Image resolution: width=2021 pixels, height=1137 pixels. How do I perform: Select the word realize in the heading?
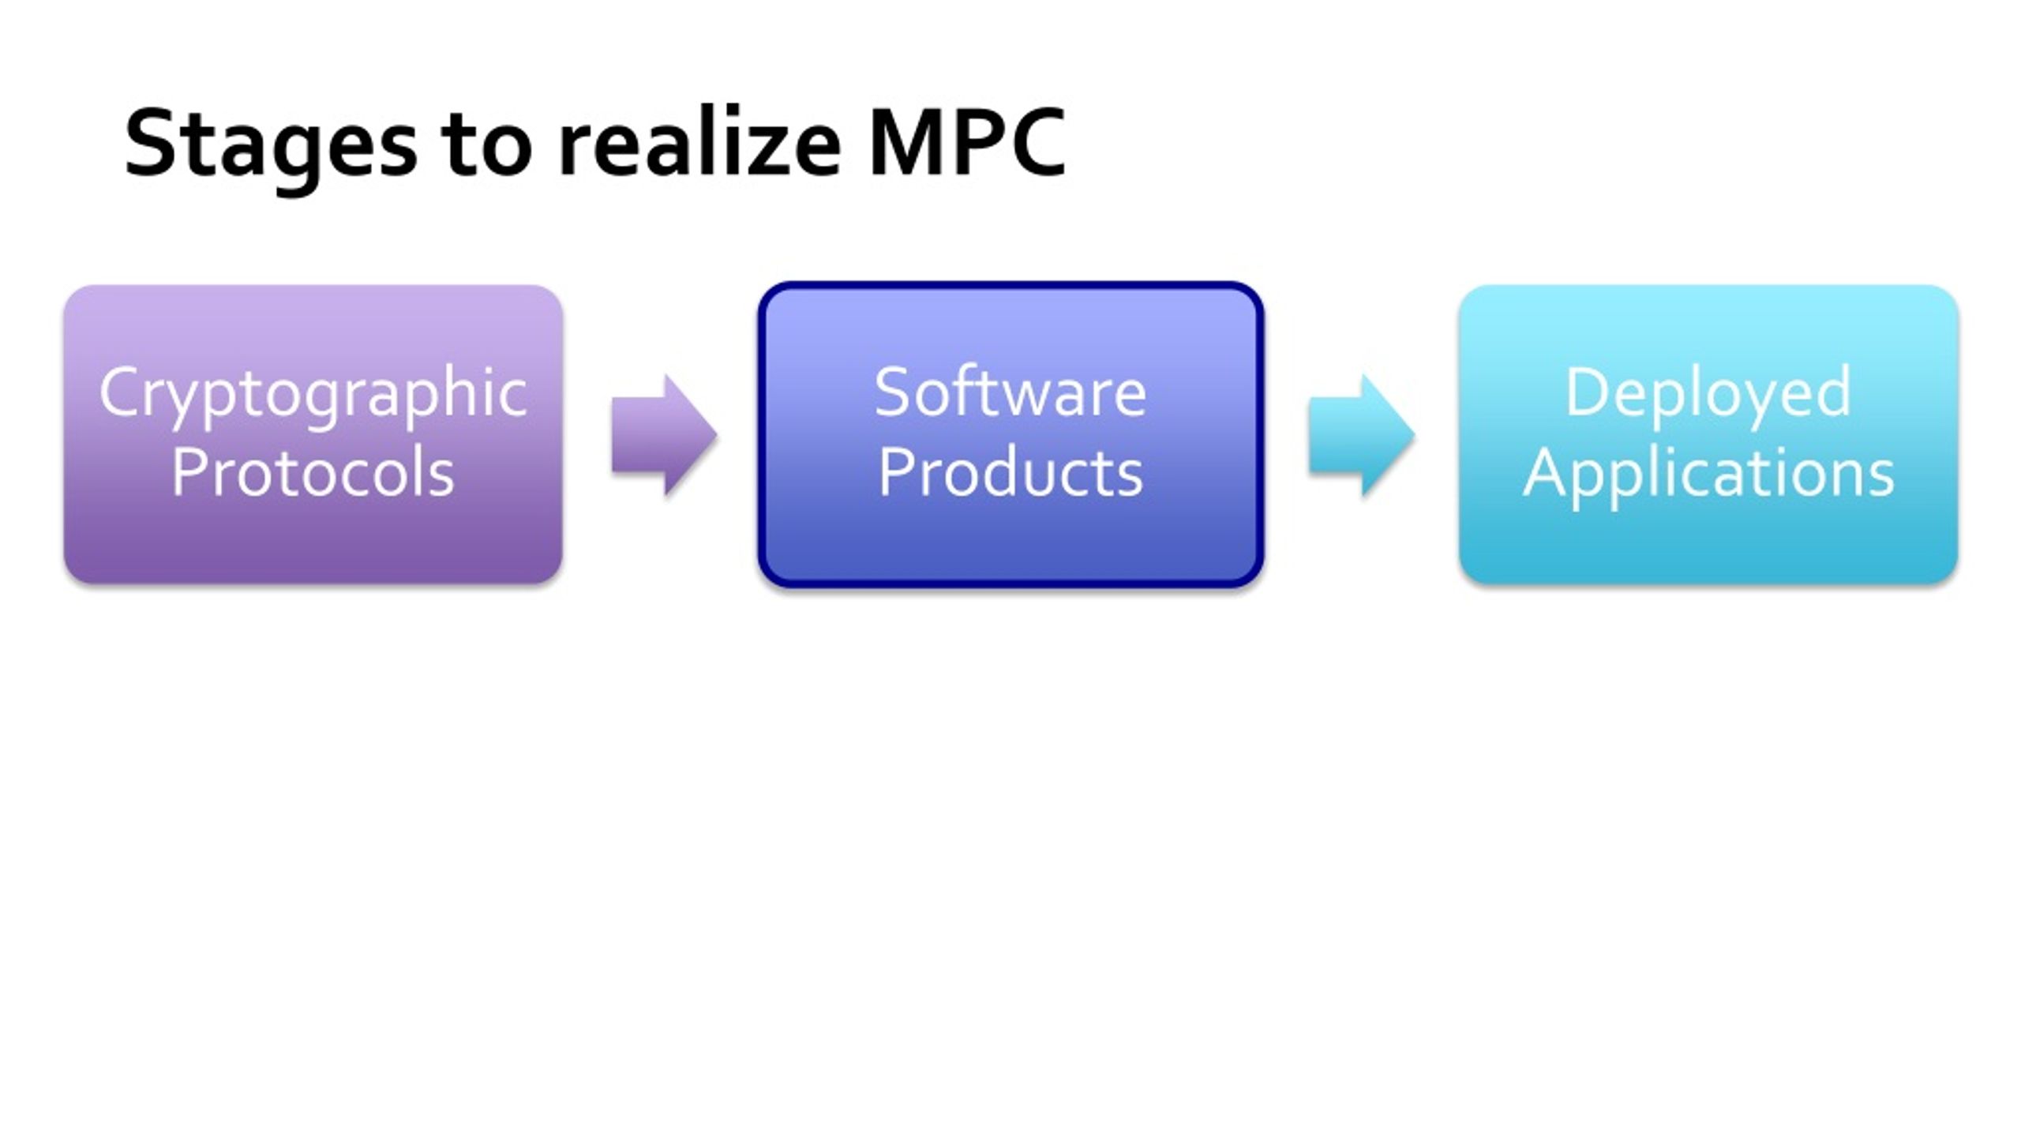tap(699, 142)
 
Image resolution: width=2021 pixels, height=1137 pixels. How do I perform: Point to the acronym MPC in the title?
tap(968, 143)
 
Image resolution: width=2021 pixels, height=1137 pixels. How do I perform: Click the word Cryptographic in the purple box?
tap(313, 396)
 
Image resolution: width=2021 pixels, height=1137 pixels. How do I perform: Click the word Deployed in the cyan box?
tap(1708, 396)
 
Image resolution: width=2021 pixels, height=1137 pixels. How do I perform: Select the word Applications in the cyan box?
tap(1709, 477)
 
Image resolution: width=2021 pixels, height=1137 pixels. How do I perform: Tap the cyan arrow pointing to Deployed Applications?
tap(1362, 435)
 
